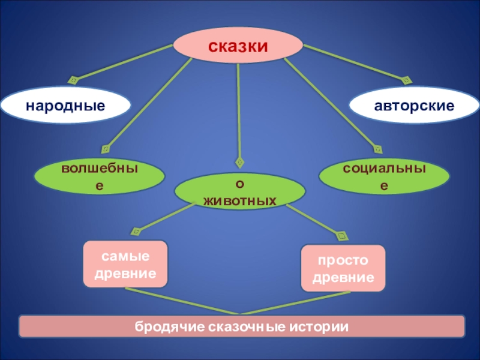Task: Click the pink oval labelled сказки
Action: [x=238, y=45]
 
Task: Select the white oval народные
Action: [x=65, y=106]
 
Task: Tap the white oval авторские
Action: [x=414, y=106]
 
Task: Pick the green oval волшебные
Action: [x=100, y=177]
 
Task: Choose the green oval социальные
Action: [x=384, y=177]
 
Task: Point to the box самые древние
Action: [x=124, y=264]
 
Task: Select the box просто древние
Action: [x=343, y=268]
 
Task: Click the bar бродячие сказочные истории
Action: [x=242, y=327]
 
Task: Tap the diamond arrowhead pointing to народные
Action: [x=73, y=79]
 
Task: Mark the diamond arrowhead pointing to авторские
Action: [x=407, y=79]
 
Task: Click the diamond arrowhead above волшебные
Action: [x=106, y=148]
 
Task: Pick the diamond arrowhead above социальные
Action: [x=377, y=149]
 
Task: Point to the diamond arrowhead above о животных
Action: [x=240, y=162]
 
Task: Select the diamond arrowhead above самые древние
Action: [x=136, y=230]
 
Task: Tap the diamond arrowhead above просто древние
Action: [x=343, y=235]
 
